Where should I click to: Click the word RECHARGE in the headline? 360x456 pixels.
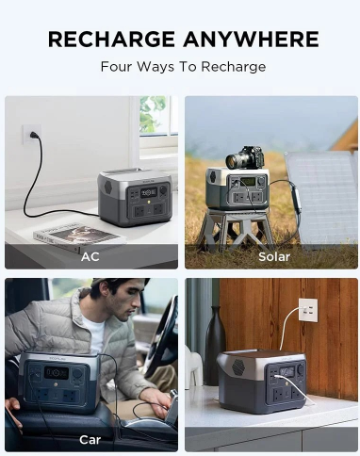click(111, 39)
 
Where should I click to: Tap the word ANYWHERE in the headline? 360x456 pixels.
click(251, 39)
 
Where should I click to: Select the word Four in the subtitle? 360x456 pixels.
click(115, 67)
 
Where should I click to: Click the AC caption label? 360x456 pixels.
click(90, 256)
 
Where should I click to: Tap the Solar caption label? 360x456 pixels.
click(274, 256)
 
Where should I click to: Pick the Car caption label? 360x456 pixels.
click(90, 440)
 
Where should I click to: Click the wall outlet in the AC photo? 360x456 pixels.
click(31, 135)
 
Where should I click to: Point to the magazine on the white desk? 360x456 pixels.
click(79, 237)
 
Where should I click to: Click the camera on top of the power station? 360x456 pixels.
click(245, 157)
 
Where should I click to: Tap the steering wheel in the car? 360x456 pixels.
click(162, 339)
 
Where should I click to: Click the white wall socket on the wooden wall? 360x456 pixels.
click(308, 310)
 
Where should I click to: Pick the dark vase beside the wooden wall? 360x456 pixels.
click(215, 346)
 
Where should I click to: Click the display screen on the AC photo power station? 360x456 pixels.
click(149, 192)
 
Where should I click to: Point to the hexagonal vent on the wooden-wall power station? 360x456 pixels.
click(238, 366)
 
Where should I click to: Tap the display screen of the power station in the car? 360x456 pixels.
click(57, 373)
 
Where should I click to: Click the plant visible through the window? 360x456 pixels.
click(153, 114)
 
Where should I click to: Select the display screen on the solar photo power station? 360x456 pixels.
click(248, 182)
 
